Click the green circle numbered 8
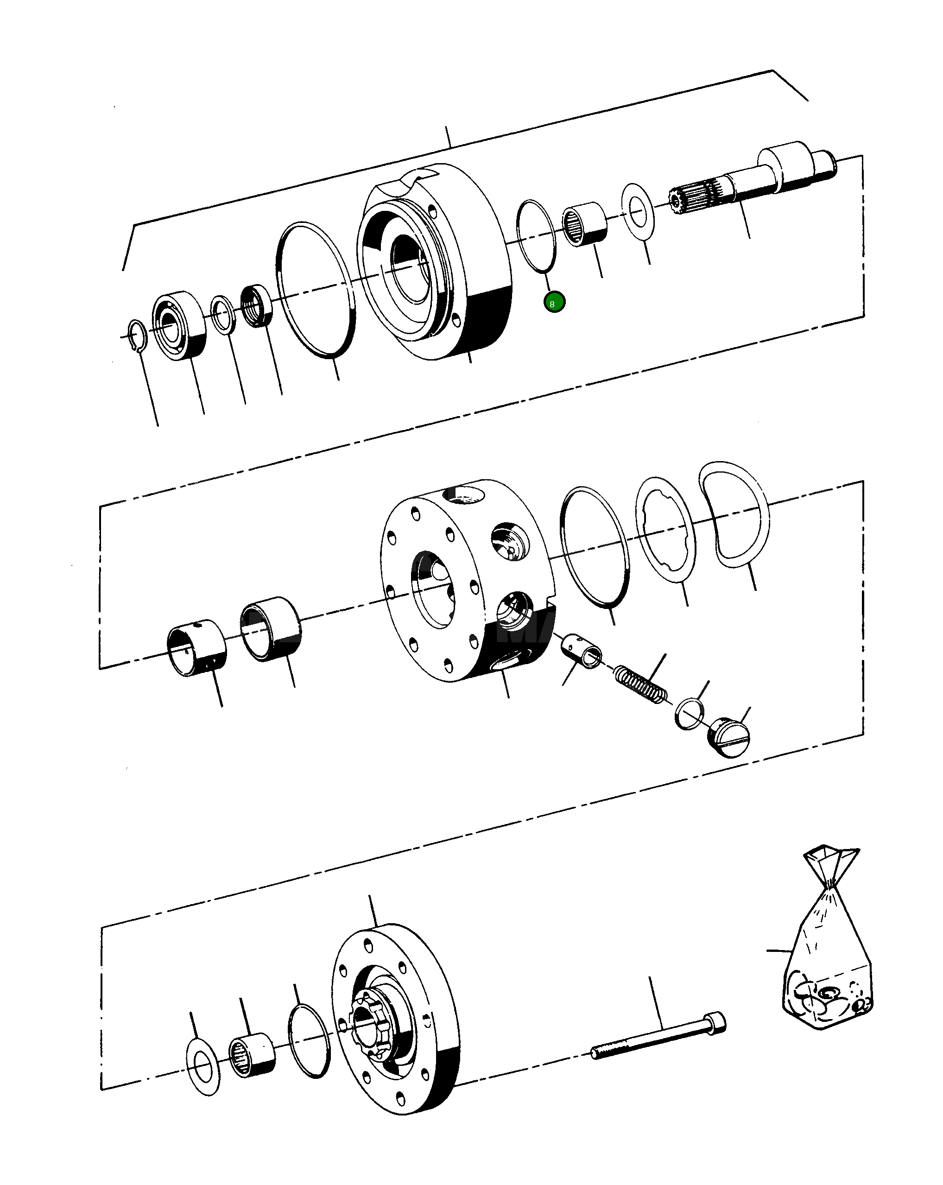(x=554, y=302)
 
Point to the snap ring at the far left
(x=137, y=335)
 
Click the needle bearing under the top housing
(x=586, y=224)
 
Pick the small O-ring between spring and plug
(x=689, y=714)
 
